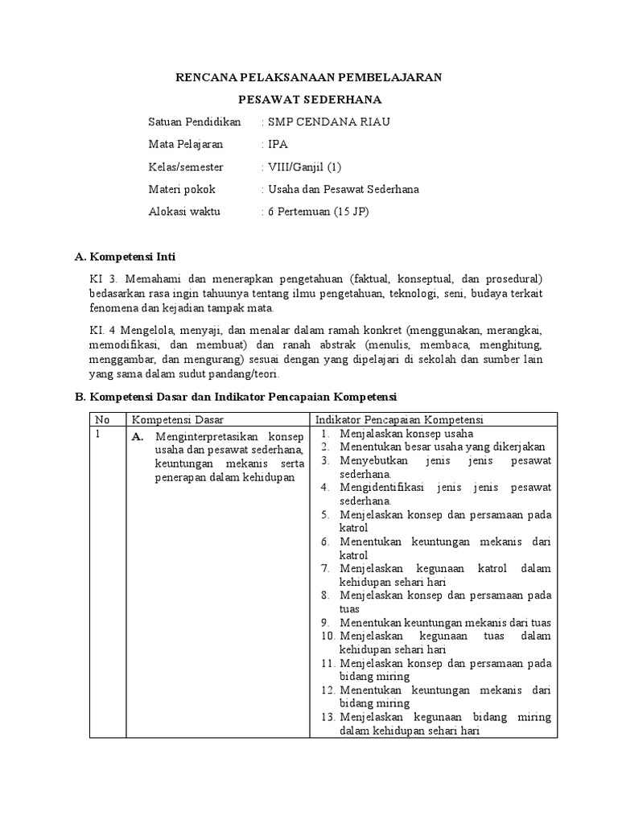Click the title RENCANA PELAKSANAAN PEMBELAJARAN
click(309, 77)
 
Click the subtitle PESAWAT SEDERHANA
click(309, 100)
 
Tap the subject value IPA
click(277, 145)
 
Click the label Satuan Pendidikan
click(195, 122)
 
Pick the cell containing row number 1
click(97, 434)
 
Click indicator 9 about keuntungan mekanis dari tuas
click(445, 622)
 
